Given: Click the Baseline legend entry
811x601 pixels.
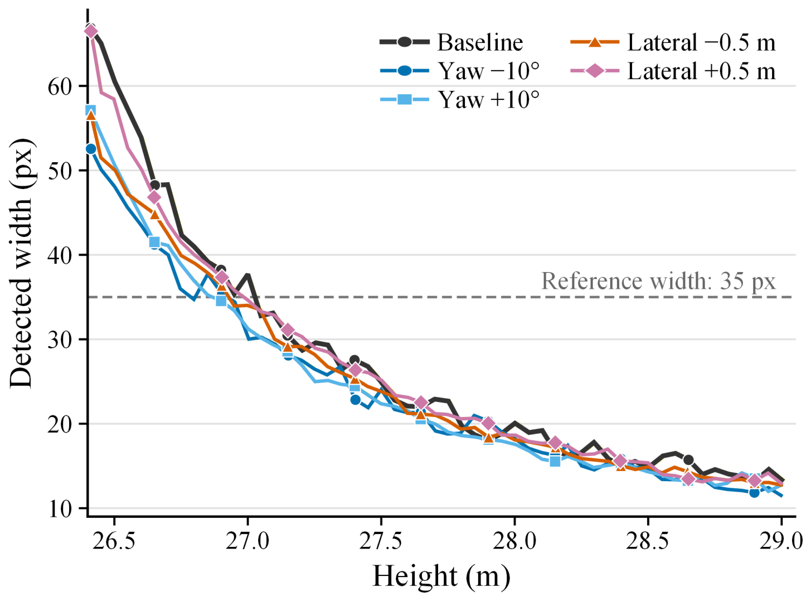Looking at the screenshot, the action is pyautogui.click(x=451, y=42).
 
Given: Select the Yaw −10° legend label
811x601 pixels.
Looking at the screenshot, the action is pyautogui.click(x=489, y=71).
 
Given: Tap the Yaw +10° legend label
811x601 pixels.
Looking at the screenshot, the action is pyautogui.click(x=489, y=99).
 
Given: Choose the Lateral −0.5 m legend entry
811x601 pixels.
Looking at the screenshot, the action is pyautogui.click(x=673, y=42).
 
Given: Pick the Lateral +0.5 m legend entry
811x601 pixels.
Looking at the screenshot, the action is pyautogui.click(x=673, y=71).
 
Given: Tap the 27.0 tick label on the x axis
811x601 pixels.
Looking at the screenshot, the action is pyautogui.click(x=247, y=541).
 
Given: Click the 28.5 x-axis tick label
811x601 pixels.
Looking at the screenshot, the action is pyautogui.click(x=648, y=541).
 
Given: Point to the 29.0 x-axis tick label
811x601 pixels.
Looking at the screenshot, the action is pyautogui.click(x=781, y=541).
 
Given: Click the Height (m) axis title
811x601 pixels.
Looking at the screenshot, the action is pyautogui.click(x=441, y=576).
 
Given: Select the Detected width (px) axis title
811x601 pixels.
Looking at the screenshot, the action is pyautogui.click(x=21, y=263).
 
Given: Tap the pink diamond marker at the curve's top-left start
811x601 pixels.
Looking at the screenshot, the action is pyautogui.click(x=91, y=32).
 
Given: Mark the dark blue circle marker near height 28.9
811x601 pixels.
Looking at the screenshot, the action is pyautogui.click(x=754, y=493).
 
